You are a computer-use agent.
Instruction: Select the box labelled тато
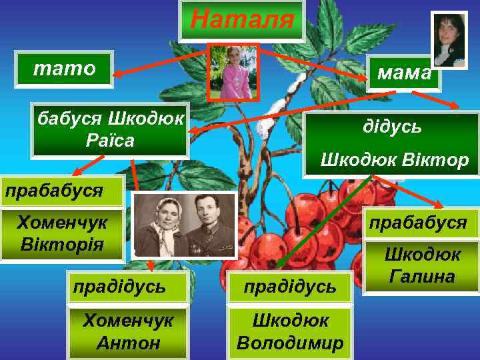[x=65, y=69]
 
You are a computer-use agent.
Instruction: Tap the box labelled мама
[x=405, y=73]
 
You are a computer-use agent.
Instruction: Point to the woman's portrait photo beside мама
[x=449, y=39]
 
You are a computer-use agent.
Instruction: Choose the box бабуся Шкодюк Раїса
[x=110, y=130]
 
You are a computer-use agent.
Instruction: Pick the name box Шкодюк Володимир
[x=290, y=332]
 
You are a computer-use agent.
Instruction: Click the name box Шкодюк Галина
[x=423, y=265]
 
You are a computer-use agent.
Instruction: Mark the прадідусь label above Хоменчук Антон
[x=119, y=287]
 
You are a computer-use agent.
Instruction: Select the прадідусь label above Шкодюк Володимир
[x=290, y=287]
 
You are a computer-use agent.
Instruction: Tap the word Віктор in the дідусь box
[x=441, y=160]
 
